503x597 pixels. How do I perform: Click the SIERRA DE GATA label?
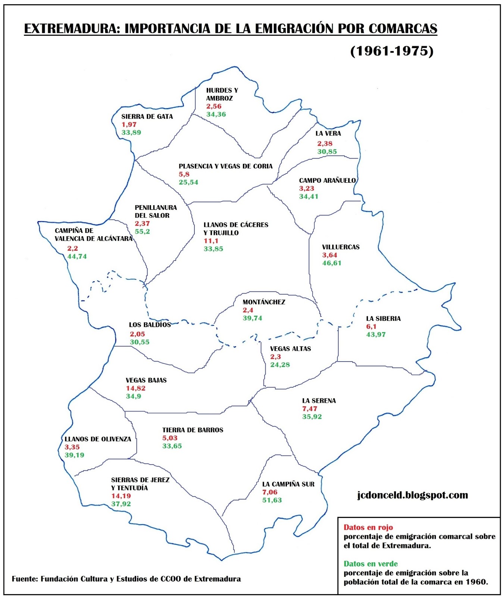tap(147, 116)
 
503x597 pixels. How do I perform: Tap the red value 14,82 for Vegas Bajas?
tap(135, 388)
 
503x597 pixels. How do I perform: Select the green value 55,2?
tap(142, 231)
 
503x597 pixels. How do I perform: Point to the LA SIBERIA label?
tap(383, 318)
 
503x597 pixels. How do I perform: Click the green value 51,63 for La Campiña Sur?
tap(272, 500)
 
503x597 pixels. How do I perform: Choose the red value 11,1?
tap(211, 241)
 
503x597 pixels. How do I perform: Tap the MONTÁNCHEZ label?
tap(263, 302)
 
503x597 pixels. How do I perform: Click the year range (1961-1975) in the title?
tap(391, 51)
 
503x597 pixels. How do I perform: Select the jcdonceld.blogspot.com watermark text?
tap(412, 495)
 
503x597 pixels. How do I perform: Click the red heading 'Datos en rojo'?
tap(368, 527)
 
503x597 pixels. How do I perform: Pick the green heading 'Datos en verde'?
tap(371, 563)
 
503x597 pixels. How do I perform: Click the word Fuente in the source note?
tap(25, 579)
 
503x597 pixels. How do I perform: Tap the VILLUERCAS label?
tap(341, 247)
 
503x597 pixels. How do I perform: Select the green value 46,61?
tap(332, 263)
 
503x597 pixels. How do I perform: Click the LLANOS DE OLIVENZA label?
tap(98, 439)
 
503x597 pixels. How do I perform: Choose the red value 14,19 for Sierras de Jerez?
tap(121, 496)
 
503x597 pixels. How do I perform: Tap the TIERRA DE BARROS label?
tap(193, 430)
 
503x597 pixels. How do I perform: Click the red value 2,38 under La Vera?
tap(325, 143)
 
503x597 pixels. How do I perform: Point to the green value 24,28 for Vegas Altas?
tap(280, 365)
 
